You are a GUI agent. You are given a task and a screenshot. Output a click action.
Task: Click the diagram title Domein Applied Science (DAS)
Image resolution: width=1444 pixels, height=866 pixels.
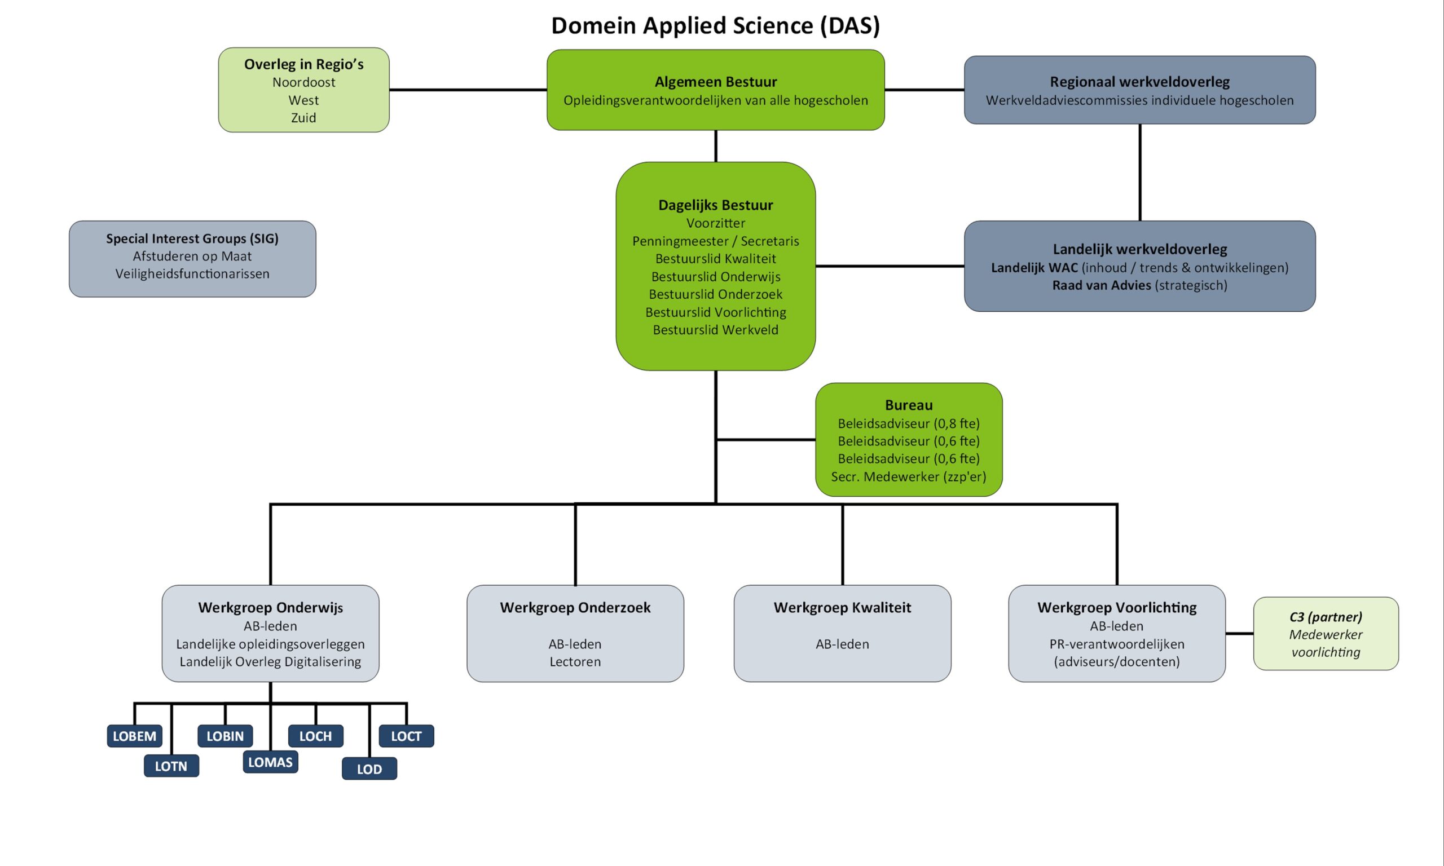click(715, 26)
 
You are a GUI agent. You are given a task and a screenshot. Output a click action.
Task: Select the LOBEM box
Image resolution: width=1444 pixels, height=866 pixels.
click(134, 736)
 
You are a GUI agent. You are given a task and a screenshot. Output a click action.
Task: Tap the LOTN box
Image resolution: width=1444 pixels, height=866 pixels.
click(171, 766)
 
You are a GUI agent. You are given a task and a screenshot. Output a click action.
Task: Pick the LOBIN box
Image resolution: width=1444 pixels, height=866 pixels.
click(224, 736)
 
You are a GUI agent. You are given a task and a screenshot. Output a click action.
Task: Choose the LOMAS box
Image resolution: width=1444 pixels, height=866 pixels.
click(270, 762)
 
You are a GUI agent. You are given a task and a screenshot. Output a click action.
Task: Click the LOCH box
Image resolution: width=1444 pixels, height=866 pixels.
click(315, 736)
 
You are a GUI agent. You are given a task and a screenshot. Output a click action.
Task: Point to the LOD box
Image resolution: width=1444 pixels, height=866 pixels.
click(369, 769)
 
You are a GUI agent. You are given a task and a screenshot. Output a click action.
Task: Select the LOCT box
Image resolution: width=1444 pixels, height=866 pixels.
click(406, 736)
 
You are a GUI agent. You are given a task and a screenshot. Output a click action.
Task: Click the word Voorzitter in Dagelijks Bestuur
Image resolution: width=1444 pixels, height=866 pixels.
click(716, 223)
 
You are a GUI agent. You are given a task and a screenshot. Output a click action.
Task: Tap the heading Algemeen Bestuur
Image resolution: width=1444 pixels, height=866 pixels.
click(716, 82)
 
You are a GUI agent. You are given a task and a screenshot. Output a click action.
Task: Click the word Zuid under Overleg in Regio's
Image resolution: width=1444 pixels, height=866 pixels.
click(303, 118)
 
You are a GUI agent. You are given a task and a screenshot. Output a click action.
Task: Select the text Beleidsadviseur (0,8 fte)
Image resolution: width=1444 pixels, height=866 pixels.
click(908, 423)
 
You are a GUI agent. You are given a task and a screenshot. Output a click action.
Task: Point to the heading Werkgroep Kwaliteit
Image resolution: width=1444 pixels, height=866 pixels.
click(842, 607)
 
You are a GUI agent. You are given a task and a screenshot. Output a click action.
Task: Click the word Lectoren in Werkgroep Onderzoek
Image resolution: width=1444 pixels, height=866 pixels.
click(575, 662)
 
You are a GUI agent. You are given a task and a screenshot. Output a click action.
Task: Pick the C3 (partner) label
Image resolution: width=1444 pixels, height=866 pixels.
click(1326, 617)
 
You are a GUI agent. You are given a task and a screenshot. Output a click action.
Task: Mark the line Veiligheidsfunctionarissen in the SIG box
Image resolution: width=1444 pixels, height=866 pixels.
click(192, 273)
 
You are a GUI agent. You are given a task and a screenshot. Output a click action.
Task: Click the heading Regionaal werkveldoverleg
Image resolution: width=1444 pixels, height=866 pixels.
click(1139, 82)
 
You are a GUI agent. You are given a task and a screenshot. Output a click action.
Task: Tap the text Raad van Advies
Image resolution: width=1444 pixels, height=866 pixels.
click(1102, 285)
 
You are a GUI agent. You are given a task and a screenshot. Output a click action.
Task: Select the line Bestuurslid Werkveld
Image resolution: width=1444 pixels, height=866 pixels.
click(716, 330)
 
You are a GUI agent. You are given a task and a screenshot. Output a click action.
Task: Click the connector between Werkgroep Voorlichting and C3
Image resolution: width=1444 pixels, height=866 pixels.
click(1239, 633)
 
